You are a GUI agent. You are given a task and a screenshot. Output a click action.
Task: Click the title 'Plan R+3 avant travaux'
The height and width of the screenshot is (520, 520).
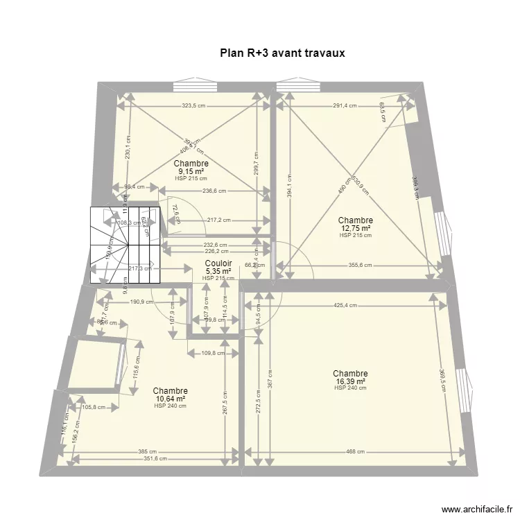[x=282, y=53]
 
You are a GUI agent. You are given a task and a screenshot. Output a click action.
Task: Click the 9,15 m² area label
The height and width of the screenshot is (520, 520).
[x=192, y=171]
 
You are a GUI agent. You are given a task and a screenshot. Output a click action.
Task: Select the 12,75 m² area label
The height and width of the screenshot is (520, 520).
[x=355, y=229]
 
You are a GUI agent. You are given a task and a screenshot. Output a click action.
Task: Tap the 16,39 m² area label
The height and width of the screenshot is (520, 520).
[x=349, y=381]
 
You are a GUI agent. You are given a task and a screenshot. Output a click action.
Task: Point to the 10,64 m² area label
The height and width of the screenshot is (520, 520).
[x=171, y=399]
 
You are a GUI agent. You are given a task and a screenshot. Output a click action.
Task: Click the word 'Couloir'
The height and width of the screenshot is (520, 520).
[x=218, y=263]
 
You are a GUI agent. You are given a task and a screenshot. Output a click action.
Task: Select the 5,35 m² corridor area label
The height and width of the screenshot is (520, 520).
[x=218, y=271]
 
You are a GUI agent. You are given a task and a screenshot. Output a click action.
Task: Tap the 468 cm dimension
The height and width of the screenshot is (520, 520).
[x=356, y=451]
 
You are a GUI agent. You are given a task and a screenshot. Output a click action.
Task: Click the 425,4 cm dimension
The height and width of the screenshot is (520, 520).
[x=345, y=304]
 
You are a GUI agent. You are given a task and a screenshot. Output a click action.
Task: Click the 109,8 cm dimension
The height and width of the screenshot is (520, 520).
[x=213, y=353]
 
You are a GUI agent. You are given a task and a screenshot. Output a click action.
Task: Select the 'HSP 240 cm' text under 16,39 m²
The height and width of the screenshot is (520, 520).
[x=349, y=388]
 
